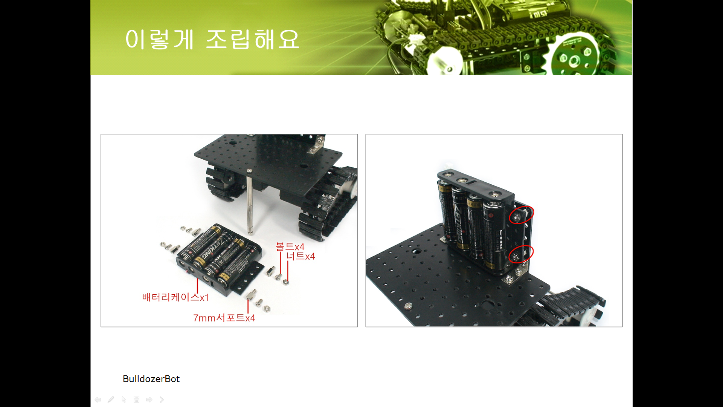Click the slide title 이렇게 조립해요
pos(212,40)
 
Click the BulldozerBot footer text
pos(151,379)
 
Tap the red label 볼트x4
pos(290,247)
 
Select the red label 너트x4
pos(300,256)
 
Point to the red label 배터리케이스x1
pos(175,297)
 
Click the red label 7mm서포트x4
pos(224,318)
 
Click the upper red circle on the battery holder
pos(522,215)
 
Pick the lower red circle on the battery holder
pos(521,254)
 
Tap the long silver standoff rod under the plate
pos(249,201)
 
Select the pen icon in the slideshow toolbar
pos(111,399)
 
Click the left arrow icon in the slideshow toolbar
pos(98,399)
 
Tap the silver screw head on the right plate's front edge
pos(408,306)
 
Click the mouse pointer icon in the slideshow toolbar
pos(124,399)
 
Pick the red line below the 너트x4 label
pos(288,271)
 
